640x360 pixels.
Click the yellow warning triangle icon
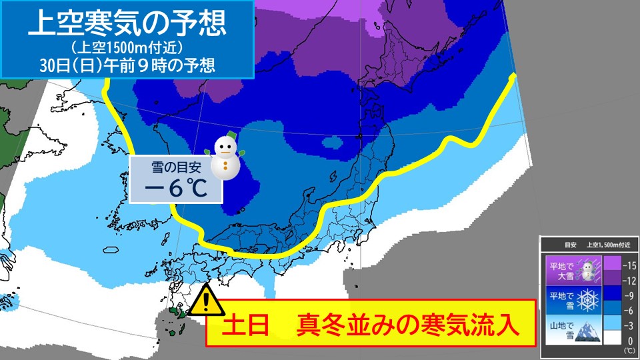tap(207, 301)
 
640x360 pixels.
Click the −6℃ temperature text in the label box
tap(176, 189)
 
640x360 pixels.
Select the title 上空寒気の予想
tap(127, 23)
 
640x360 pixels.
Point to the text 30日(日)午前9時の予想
tap(127, 65)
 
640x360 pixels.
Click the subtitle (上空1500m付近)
tap(127, 48)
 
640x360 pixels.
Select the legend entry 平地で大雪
tap(559, 270)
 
